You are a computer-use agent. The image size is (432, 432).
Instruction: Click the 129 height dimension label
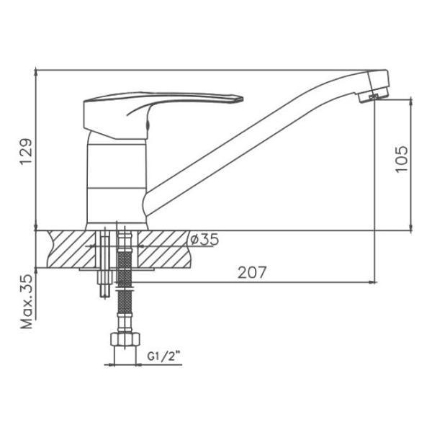coord(26,152)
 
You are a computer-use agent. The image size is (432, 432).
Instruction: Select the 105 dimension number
coord(402,159)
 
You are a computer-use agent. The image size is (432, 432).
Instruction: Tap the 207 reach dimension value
coord(252,272)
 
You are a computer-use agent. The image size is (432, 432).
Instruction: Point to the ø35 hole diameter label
coord(204,239)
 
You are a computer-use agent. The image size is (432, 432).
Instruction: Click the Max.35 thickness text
coord(27,302)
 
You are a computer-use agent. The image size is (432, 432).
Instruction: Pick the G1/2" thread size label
coord(163,357)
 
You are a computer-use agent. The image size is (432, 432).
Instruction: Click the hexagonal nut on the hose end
coord(125,339)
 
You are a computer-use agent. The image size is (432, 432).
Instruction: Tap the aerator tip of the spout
coord(373,95)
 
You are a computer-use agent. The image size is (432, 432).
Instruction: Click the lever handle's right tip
coord(242,99)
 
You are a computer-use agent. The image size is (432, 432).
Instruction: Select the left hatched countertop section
coord(71,249)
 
